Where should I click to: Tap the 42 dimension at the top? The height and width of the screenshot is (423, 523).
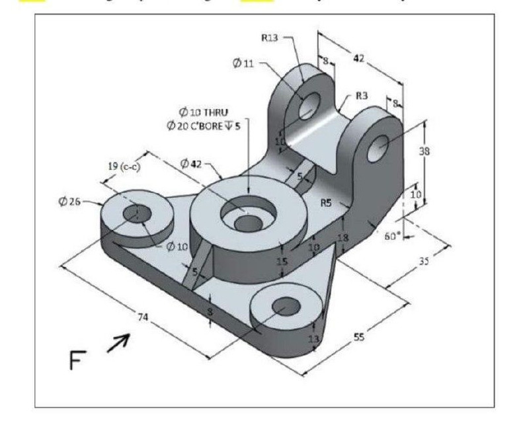[x=358, y=59]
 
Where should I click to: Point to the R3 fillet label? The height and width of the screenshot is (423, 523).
[x=361, y=95]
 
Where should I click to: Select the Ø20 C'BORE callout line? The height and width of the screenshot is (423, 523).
[x=208, y=126]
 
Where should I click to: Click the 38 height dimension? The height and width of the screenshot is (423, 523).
[x=424, y=151]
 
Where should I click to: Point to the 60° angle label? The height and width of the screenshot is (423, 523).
[x=393, y=235]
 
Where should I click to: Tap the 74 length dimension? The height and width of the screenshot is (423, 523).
[x=142, y=317]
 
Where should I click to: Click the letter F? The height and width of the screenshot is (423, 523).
[x=78, y=360]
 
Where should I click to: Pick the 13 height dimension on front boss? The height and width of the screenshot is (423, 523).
[x=313, y=338]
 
